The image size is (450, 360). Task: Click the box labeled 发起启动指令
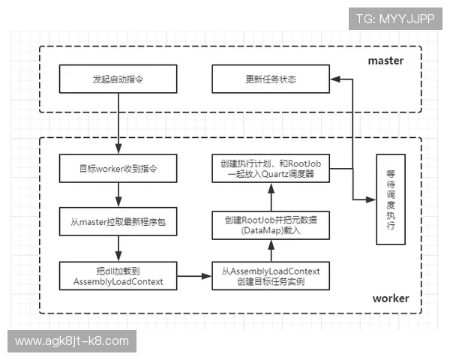(x=118, y=79)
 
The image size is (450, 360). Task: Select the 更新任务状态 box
(x=270, y=79)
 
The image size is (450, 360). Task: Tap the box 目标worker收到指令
(x=118, y=169)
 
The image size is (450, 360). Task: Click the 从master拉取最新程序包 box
(x=118, y=222)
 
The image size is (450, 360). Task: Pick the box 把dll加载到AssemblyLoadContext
(x=118, y=275)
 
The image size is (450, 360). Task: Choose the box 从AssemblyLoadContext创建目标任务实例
(x=270, y=275)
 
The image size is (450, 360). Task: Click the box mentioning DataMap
(x=270, y=223)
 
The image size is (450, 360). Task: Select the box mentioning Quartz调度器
(x=270, y=169)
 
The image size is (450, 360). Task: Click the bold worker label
(x=391, y=298)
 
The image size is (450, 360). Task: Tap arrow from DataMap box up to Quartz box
(x=270, y=196)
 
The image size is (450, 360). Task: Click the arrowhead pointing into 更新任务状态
(x=333, y=79)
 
